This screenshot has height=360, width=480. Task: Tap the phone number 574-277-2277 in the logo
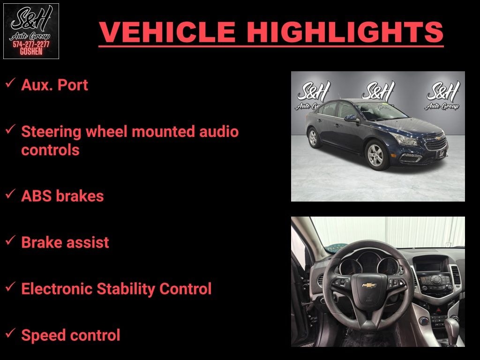point(31,45)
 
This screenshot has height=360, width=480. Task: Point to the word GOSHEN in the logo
point(31,52)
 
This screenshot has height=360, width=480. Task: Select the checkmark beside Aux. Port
point(10,84)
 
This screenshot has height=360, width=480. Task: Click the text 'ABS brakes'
point(62,195)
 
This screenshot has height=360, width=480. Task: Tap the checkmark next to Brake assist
point(10,241)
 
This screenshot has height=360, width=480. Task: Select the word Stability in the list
point(126,289)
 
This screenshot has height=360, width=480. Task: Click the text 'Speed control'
point(70,335)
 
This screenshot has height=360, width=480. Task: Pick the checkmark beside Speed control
point(10,334)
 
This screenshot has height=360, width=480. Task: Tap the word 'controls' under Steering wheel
point(50,150)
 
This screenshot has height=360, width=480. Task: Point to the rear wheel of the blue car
point(313,138)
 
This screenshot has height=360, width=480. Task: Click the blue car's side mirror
point(351,118)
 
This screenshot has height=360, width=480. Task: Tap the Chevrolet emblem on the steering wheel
point(369,285)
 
